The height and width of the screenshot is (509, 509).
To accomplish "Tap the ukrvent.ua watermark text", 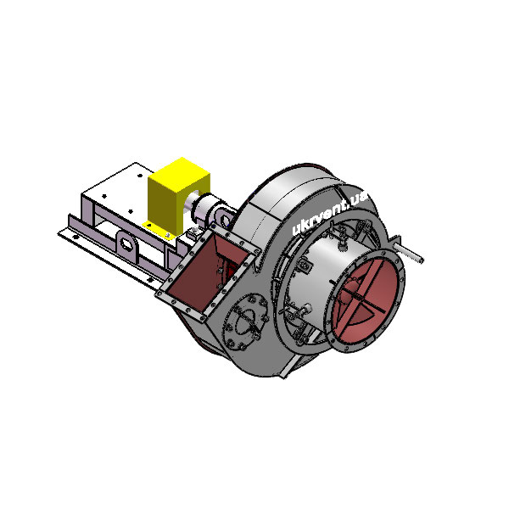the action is (x=329, y=213).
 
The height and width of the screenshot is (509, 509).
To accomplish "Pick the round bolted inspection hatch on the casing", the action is (x=245, y=322).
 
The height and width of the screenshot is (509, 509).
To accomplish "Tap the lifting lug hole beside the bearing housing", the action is (x=225, y=220).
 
